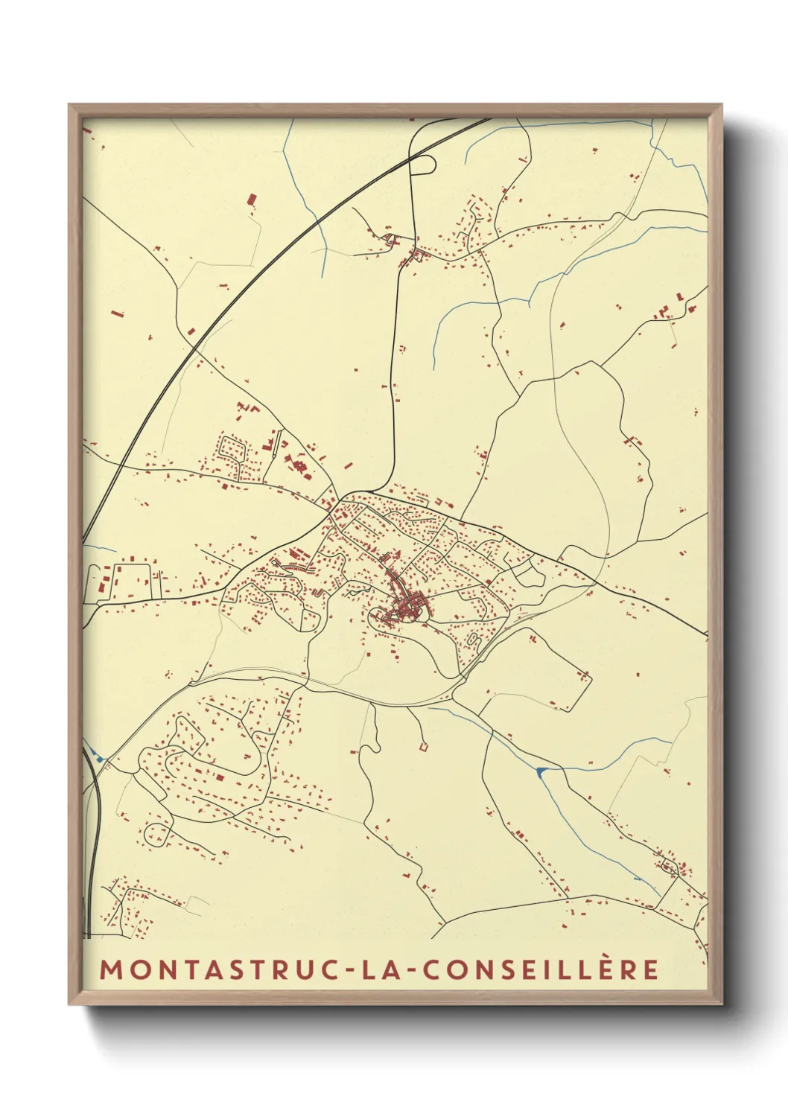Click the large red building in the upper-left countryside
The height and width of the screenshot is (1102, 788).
[252, 200]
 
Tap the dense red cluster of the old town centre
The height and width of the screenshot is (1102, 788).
[408, 607]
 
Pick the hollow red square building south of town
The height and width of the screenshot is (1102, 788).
[423, 746]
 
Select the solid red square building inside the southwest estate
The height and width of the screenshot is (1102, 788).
[220, 777]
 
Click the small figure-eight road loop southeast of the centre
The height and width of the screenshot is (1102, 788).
[473, 639]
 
